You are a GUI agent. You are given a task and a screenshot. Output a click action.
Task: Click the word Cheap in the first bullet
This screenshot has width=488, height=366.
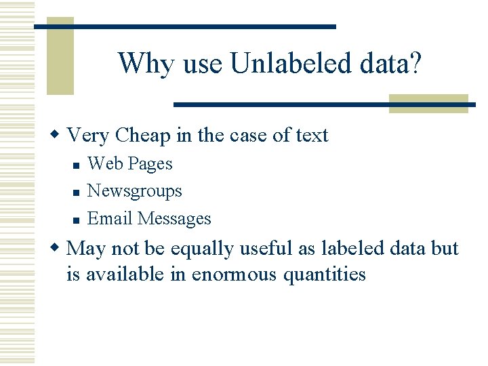click(x=143, y=136)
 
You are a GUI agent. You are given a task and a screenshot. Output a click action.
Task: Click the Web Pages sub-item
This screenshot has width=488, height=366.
click(x=130, y=164)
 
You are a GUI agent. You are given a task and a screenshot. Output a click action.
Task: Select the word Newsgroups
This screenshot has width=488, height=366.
click(x=135, y=192)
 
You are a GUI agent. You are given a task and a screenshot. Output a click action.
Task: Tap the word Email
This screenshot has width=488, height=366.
click(x=110, y=219)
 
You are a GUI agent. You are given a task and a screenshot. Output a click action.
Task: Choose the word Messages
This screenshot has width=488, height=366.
click(x=174, y=219)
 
